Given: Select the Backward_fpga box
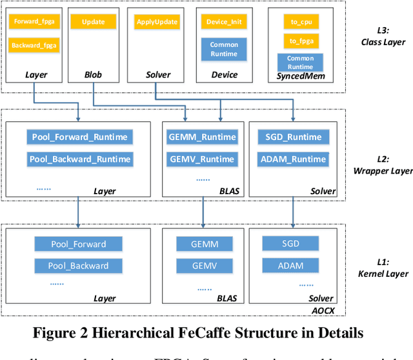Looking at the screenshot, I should click(x=34, y=45).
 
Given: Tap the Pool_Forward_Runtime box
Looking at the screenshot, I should click(x=79, y=137).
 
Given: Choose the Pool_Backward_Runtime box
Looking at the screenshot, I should click(x=79, y=159).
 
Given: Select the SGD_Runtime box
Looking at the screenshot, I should click(x=294, y=137).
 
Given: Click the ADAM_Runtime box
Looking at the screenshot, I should click(x=294, y=159).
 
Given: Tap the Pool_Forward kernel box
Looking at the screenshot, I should click(x=79, y=244).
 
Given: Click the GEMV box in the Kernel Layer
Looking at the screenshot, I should click(x=204, y=266).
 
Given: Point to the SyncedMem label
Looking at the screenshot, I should click(x=300, y=75).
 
